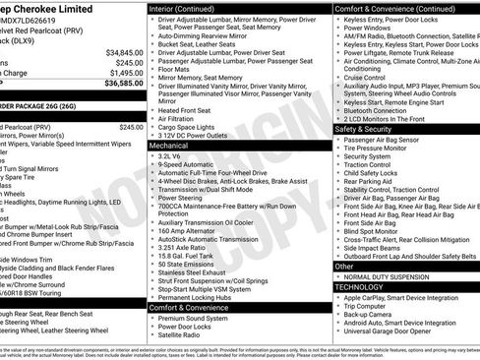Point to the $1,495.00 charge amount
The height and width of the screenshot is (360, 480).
coord(126,73)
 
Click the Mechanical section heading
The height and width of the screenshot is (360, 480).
coord(169,145)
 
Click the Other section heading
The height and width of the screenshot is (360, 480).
coord(344,266)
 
